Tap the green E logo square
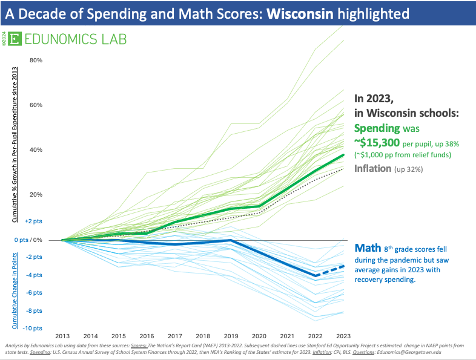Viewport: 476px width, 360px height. point(17,39)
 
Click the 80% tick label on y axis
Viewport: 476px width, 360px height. point(35,61)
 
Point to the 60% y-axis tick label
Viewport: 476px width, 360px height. point(35,105)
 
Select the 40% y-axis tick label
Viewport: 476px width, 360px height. point(35,150)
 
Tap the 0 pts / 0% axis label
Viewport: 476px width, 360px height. point(28,240)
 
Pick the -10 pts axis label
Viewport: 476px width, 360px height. point(32,328)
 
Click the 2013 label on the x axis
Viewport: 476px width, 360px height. point(62,336)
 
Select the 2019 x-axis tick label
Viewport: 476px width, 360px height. point(231,336)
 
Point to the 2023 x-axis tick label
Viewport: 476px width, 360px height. point(343,336)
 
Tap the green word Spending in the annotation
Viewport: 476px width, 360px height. point(377,128)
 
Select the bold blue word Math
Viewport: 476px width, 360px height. point(367,248)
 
